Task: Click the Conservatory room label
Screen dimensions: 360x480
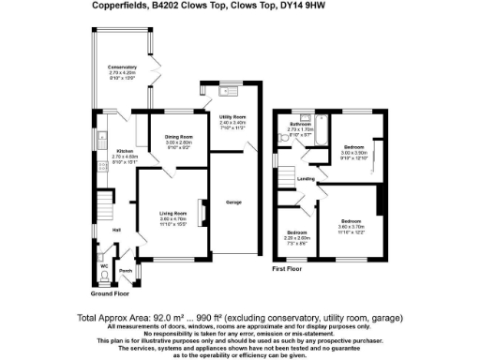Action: (x=122, y=67)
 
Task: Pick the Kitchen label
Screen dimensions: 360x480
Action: (x=126, y=150)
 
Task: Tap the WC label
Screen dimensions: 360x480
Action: (x=104, y=265)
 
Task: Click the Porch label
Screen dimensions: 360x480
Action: (x=125, y=274)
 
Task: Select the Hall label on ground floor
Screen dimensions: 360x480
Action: (x=116, y=230)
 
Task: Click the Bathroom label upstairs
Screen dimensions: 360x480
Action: (x=300, y=124)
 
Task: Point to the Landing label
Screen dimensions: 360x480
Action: (x=306, y=178)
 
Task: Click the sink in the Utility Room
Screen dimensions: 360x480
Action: (x=226, y=91)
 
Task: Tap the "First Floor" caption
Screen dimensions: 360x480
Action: (x=291, y=268)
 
